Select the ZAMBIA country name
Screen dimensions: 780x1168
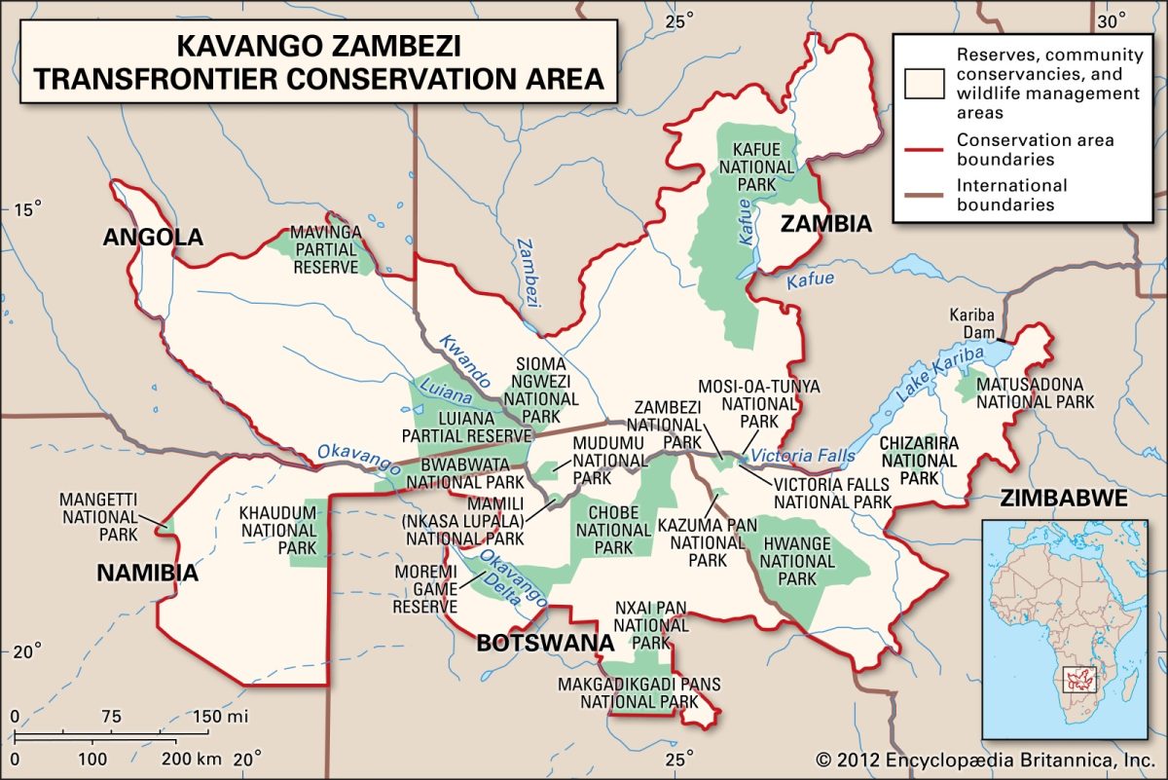point(825,225)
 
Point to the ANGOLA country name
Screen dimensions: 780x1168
point(154,237)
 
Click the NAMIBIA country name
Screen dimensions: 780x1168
point(147,573)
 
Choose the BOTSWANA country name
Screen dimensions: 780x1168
point(544,644)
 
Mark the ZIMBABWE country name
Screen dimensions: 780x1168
point(1063,499)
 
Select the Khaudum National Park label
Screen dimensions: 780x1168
point(278,530)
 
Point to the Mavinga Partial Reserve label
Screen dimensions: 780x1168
point(327,249)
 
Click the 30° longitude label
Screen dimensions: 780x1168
point(1113,20)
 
